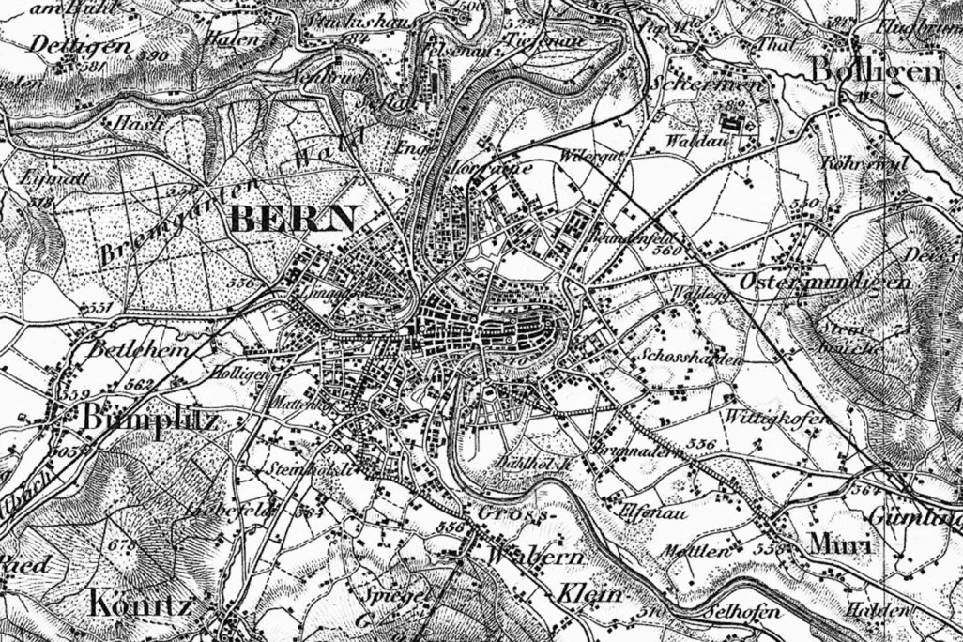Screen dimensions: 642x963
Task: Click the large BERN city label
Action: tap(292, 219)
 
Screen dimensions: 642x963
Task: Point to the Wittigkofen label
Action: tap(774, 416)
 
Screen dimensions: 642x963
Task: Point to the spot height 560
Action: tap(665, 252)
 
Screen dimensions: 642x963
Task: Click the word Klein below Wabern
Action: tap(592, 594)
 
